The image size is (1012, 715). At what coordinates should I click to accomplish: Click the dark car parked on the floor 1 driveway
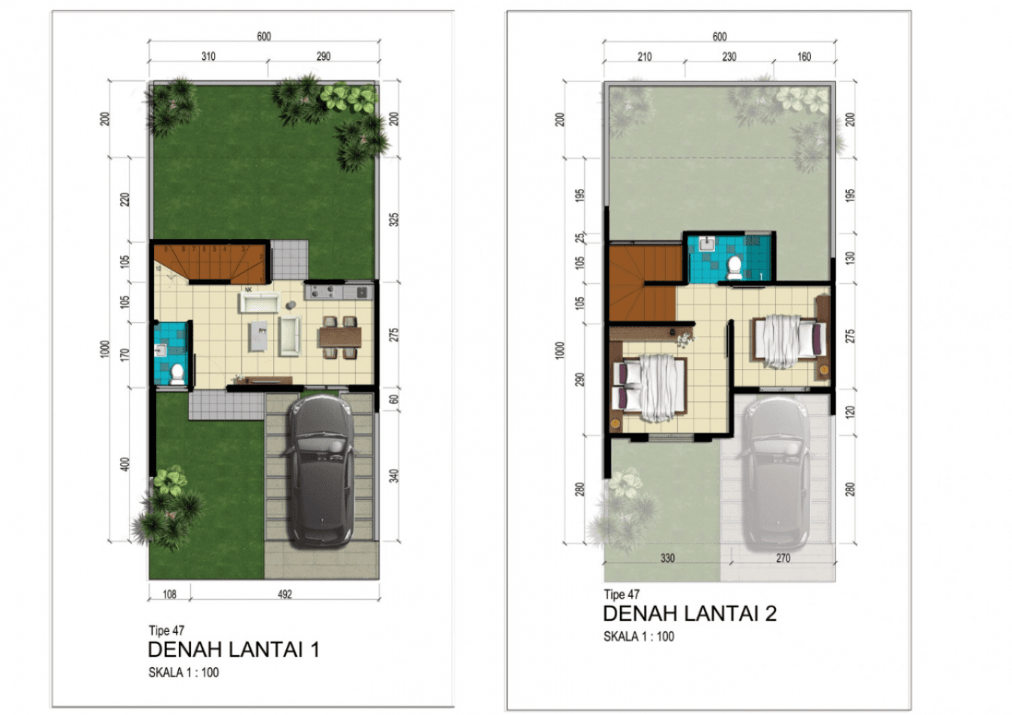321,470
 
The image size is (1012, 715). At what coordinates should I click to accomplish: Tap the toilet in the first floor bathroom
177,374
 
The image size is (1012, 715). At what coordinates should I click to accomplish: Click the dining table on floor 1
340,336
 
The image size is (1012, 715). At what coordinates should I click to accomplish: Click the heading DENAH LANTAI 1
233,650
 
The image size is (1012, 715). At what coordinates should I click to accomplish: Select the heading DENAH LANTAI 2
689,613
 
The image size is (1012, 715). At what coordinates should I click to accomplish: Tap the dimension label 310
208,57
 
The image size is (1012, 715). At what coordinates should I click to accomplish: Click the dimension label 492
285,594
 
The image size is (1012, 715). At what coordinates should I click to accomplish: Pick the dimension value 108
169,594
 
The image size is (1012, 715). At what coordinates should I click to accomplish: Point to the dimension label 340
394,476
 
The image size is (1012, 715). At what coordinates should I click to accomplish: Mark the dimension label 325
394,219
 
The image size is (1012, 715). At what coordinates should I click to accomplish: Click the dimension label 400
125,464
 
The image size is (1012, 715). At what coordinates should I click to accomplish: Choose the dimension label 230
729,57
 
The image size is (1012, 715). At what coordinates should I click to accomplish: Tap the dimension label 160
804,57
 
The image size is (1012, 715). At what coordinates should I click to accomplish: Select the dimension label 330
667,558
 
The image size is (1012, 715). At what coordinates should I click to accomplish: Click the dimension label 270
783,558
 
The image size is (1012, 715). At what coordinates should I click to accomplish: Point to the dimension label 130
850,257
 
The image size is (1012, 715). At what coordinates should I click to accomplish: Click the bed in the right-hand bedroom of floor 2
788,341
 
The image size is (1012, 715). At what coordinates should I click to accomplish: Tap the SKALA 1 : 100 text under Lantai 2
638,636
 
